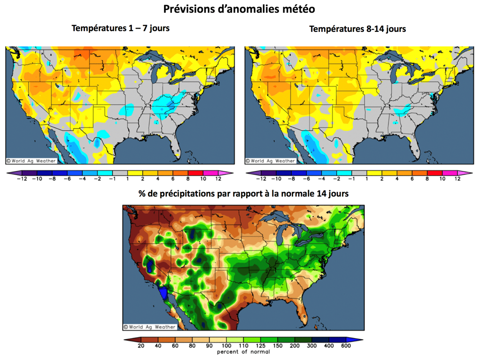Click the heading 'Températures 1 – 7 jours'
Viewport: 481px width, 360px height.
[x=121, y=28]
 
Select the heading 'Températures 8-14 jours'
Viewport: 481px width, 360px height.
[x=357, y=29]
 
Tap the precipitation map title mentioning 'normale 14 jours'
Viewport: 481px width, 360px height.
[x=243, y=193]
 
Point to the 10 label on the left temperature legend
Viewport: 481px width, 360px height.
[x=203, y=179]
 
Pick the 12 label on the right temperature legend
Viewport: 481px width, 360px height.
[x=457, y=179]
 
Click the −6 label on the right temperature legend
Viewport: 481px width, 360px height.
[x=306, y=179]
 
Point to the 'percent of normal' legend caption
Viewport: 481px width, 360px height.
[x=243, y=352]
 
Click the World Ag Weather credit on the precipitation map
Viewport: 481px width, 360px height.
[x=150, y=327]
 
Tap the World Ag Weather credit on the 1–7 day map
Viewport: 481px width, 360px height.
[x=31, y=161]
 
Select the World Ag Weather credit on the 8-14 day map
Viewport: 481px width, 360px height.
[x=271, y=161]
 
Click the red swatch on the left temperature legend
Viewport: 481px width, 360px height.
[x=195, y=173]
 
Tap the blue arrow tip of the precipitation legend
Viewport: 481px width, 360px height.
[x=358, y=339]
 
